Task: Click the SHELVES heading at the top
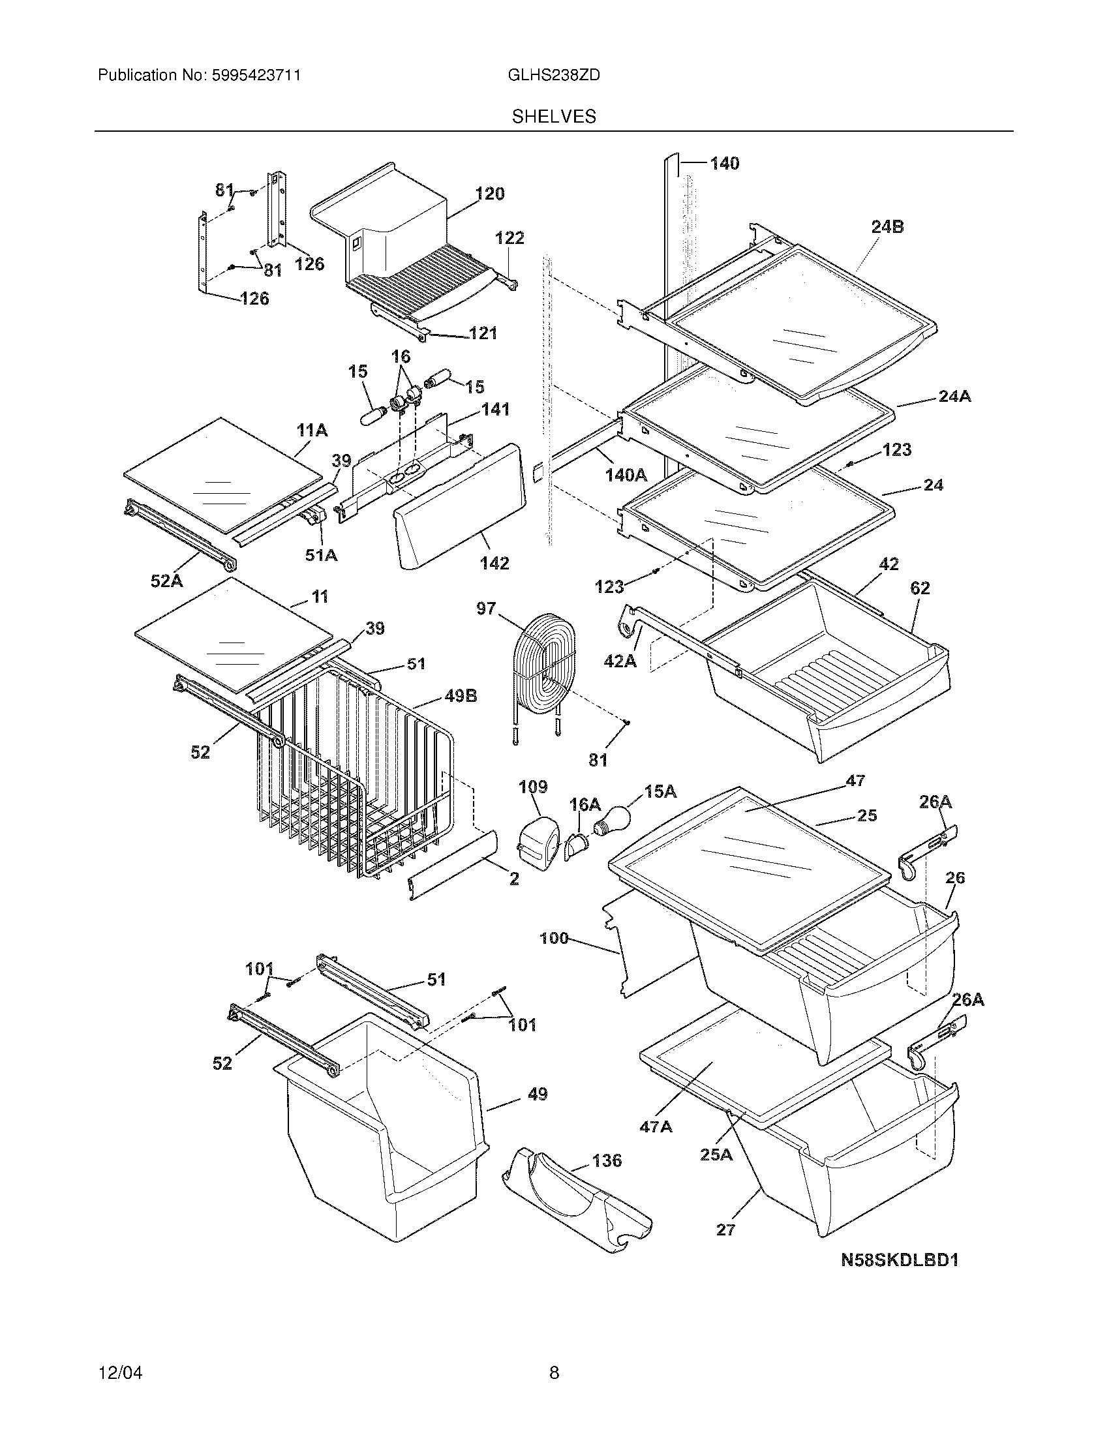pyautogui.click(x=553, y=117)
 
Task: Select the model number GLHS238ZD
pyautogui.click(x=553, y=76)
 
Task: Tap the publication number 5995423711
pyautogui.click(x=256, y=76)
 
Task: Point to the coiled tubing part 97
pyautogui.click(x=544, y=665)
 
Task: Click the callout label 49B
pyautogui.click(x=461, y=696)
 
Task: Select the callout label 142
pyautogui.click(x=494, y=563)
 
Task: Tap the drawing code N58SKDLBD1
pyautogui.click(x=900, y=1260)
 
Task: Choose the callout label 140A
pyautogui.click(x=626, y=474)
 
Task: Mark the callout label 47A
pyautogui.click(x=656, y=1127)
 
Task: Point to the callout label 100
pyautogui.click(x=554, y=938)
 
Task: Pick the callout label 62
pyautogui.click(x=920, y=588)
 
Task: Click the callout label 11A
pyautogui.click(x=312, y=430)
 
